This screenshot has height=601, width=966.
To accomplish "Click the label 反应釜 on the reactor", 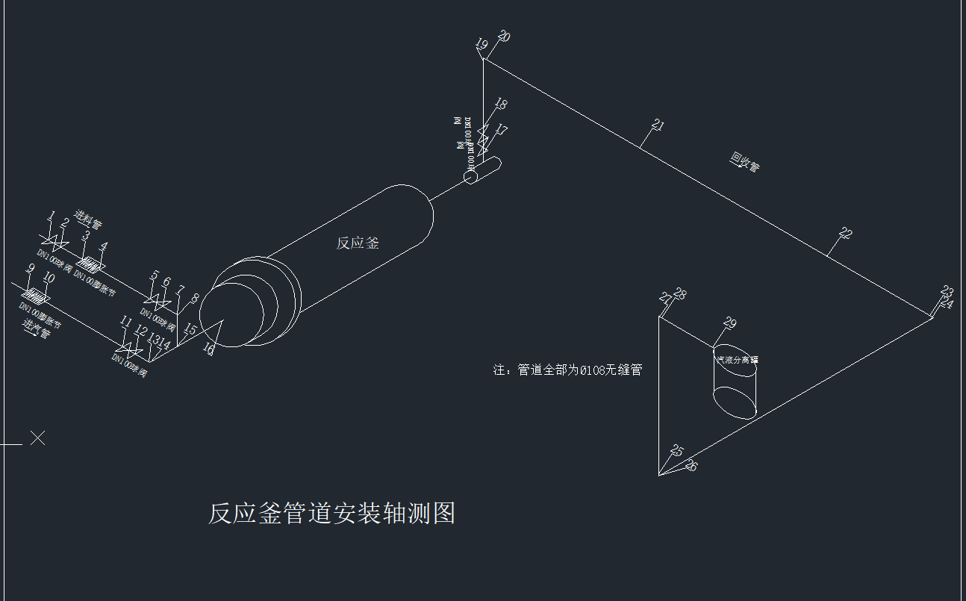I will click(358, 243).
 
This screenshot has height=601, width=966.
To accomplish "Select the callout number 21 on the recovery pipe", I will click(658, 125).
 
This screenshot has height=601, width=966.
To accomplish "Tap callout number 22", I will click(845, 233).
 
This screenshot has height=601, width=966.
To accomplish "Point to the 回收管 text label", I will click(744, 163).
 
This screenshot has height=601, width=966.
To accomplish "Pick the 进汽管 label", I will click(36, 328).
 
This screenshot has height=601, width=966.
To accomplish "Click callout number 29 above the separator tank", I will click(730, 323).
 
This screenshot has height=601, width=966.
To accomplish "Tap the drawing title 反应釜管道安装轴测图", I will click(331, 514).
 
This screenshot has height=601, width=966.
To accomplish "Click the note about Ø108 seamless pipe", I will click(567, 370).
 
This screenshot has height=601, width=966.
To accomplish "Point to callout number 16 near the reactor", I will click(209, 349).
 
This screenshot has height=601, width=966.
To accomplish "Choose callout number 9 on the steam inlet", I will click(31, 269).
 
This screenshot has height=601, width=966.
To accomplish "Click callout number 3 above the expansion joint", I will click(86, 236).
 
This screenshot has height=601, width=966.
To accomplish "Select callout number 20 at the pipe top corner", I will click(505, 36).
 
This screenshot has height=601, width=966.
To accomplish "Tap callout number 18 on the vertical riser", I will click(500, 105).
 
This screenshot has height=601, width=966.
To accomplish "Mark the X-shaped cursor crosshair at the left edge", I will click(37, 438).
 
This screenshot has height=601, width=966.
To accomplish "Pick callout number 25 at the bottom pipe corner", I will click(677, 450).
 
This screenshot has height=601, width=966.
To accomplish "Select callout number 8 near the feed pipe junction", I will click(195, 299).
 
